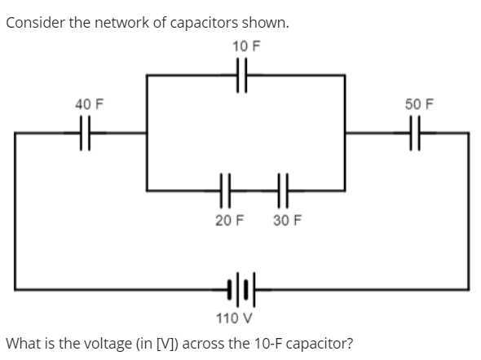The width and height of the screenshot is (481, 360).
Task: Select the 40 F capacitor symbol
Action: [86, 132]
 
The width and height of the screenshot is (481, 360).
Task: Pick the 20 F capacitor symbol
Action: [226, 191]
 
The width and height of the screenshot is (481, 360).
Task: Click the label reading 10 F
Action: [245, 46]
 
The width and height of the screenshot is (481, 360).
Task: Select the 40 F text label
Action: [89, 104]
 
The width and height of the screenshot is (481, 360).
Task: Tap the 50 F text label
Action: [419, 104]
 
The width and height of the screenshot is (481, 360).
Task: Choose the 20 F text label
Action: [229, 221]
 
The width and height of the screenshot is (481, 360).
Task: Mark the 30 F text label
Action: [286, 221]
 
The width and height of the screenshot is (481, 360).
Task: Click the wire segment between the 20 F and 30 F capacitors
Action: [254, 191]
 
